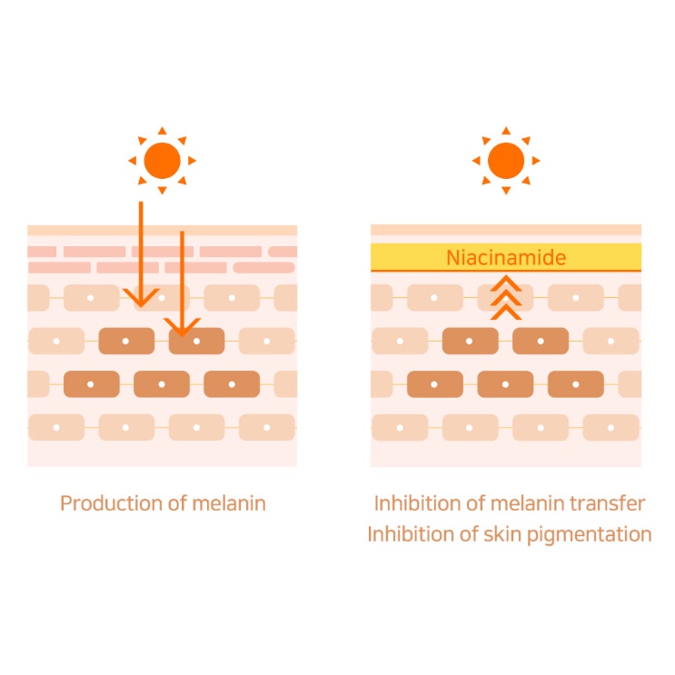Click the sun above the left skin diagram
[162, 161]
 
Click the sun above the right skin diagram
[506, 161]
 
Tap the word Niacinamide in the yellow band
[506, 258]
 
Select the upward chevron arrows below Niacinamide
[506, 297]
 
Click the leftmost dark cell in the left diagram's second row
[125, 341]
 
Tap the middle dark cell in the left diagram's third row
[162, 384]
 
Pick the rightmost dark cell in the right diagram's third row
[576, 384]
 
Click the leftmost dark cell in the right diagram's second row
[470, 341]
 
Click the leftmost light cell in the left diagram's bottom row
[56, 427]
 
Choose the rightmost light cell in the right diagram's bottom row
[611, 427]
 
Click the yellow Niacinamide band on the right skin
[409, 257]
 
